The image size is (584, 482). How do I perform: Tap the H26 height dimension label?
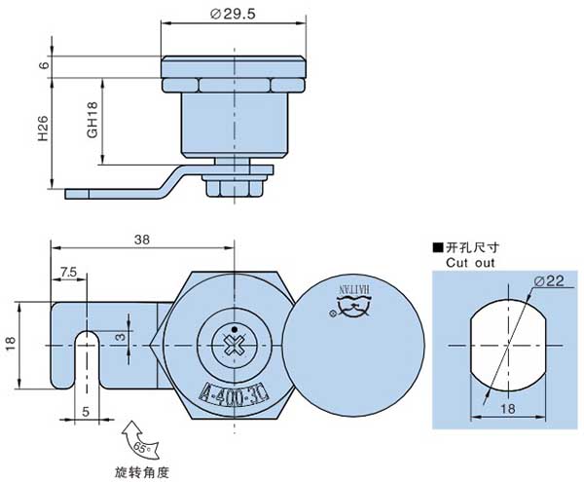coord(44,126)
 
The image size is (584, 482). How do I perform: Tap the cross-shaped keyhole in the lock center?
coord(233,344)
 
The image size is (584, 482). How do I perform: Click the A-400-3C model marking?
coord(233,393)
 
